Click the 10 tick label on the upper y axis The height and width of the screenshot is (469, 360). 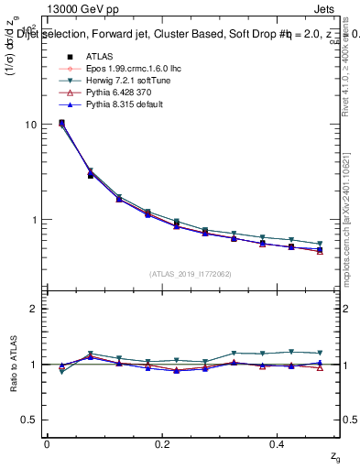(x=30, y=125)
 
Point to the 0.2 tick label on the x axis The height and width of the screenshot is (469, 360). (x=163, y=443)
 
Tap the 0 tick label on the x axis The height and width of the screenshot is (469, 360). (x=47, y=443)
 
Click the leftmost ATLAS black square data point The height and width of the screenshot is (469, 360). (x=61, y=123)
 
